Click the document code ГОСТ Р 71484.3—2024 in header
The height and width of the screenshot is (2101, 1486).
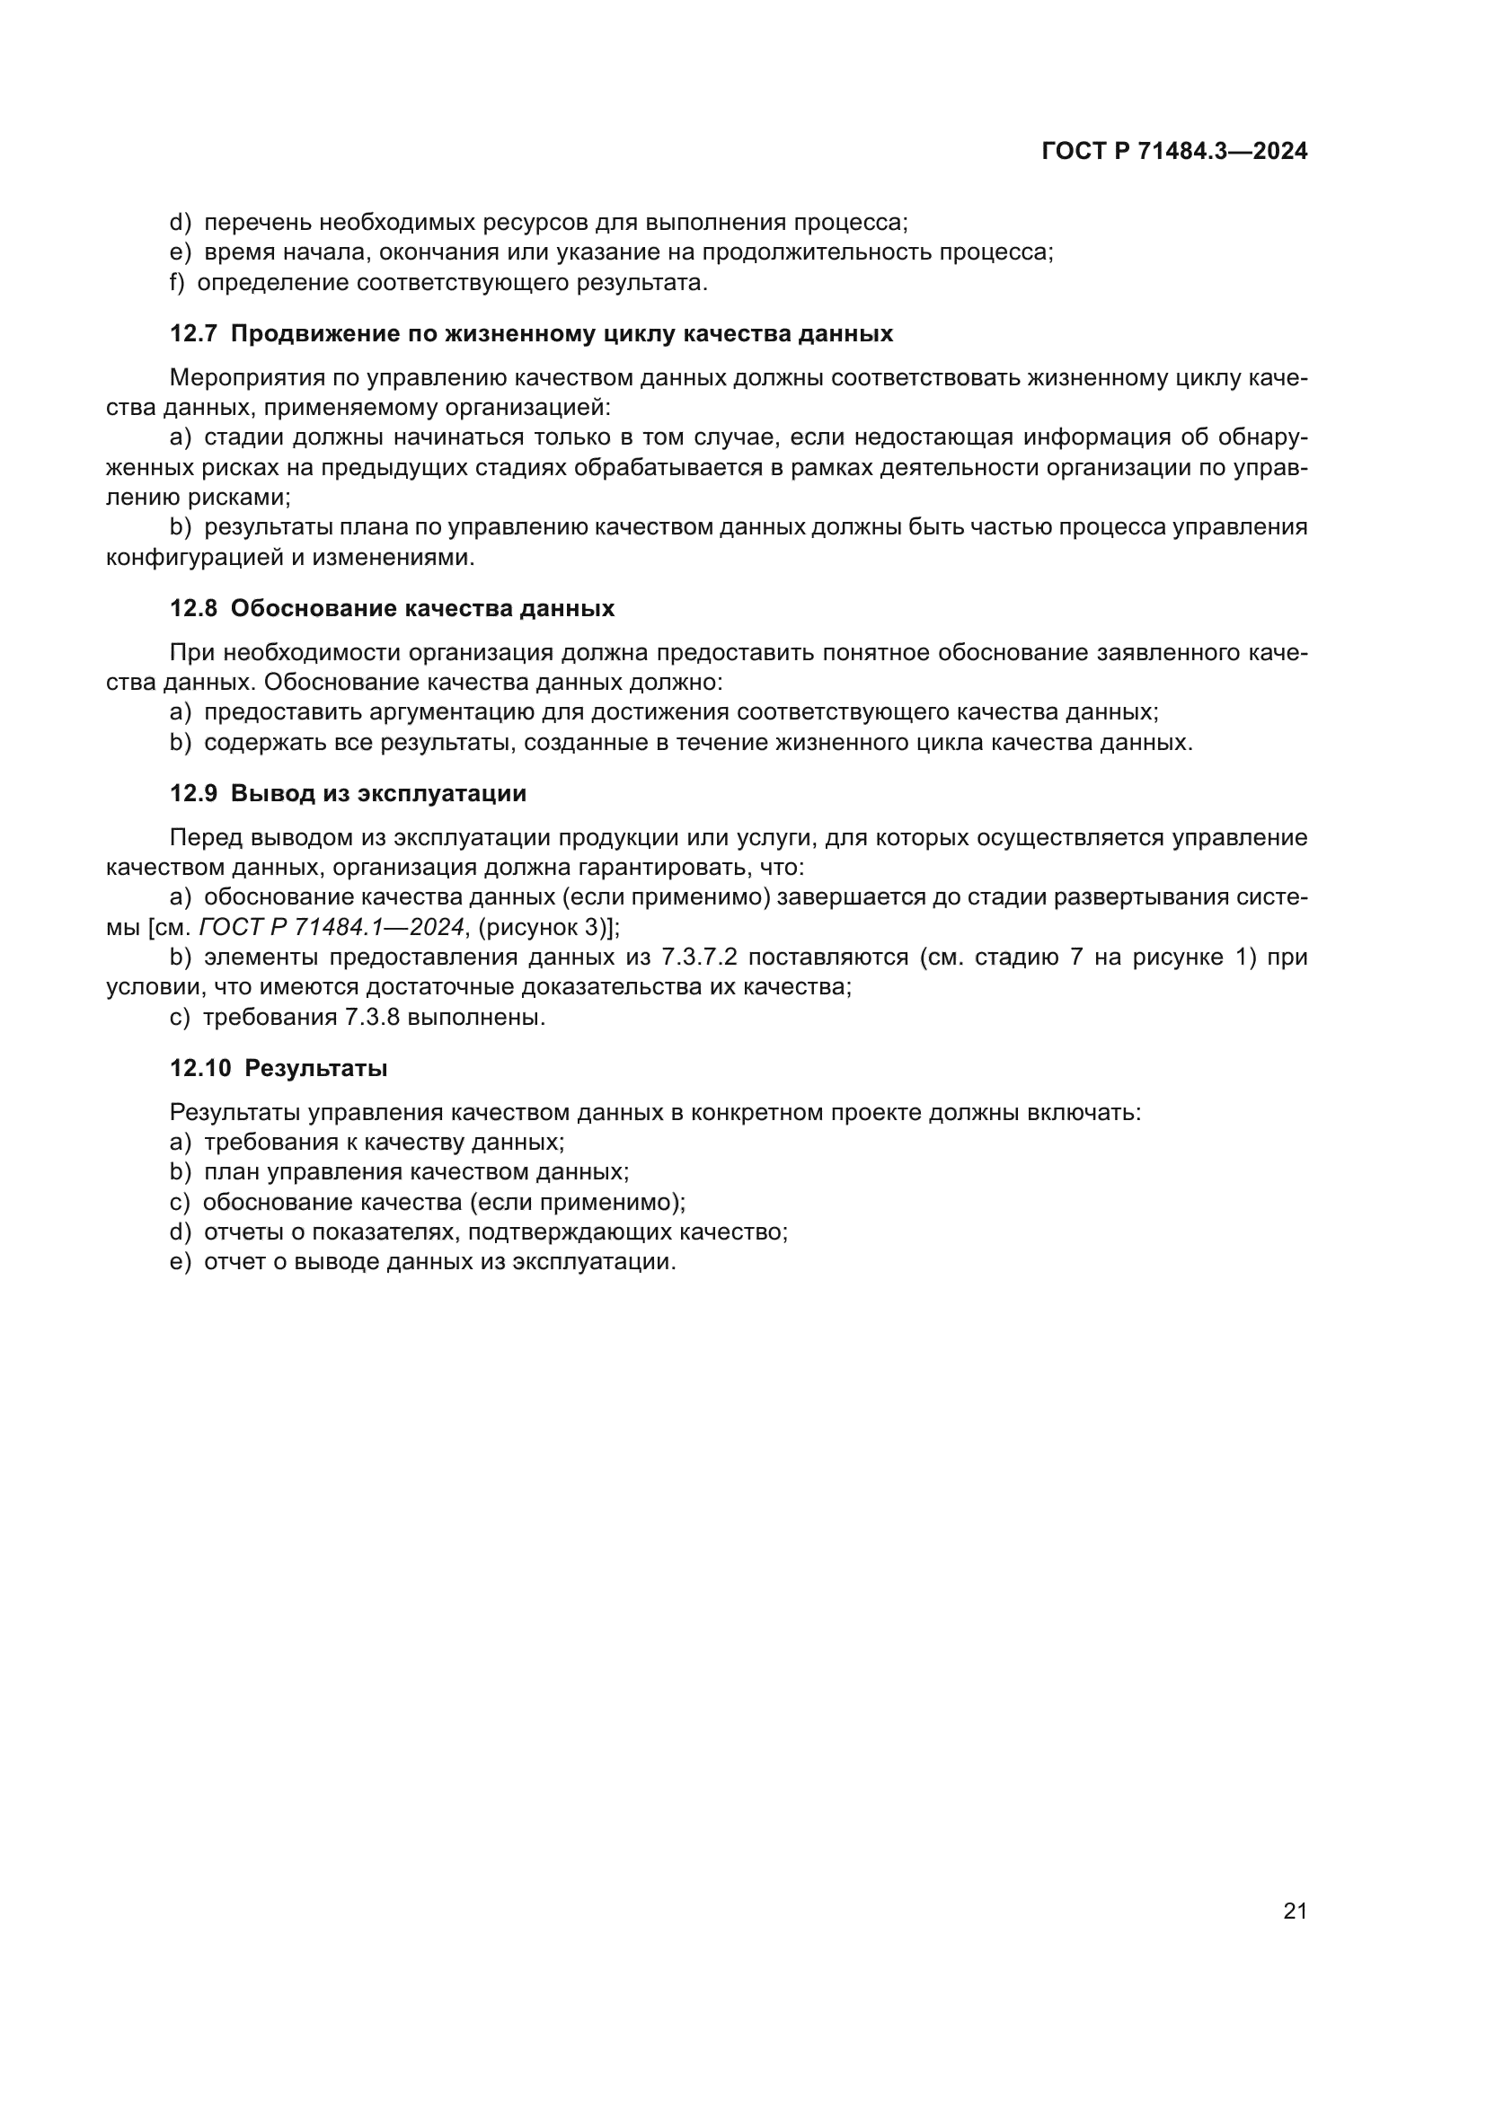(1175, 152)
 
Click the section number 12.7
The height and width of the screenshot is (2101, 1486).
(193, 334)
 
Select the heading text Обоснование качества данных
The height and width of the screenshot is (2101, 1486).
(422, 608)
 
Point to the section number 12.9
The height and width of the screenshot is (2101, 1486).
(193, 793)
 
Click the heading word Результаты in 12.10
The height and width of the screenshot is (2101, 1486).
(315, 1069)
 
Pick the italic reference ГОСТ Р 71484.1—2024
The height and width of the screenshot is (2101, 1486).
(332, 927)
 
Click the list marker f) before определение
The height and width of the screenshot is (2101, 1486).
(178, 283)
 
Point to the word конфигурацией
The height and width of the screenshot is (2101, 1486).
(194, 557)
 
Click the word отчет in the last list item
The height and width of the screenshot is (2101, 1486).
(234, 1262)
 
